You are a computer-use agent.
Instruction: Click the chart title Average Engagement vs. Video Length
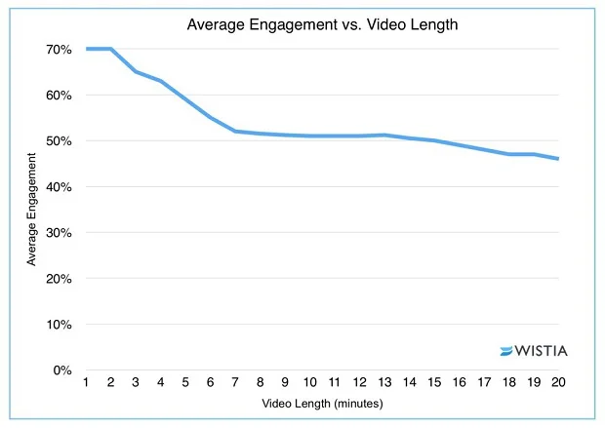coord(307,24)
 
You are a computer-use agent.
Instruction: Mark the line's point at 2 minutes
coord(110,49)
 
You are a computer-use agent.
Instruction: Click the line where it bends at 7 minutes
coord(235,131)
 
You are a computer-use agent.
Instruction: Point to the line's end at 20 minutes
coord(558,159)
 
